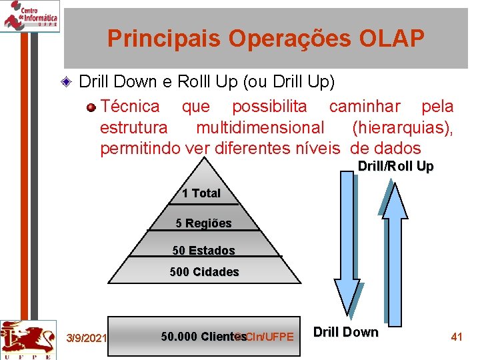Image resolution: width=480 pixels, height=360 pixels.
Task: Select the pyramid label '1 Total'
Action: point(201,193)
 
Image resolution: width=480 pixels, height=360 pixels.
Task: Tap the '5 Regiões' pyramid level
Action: point(203,223)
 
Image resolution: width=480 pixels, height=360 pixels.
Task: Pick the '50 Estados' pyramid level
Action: point(203,251)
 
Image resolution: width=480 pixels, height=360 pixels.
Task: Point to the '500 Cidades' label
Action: point(204,272)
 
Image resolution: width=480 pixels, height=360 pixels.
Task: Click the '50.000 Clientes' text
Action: point(203,337)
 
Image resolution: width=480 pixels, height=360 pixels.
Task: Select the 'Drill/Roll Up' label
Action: point(395,166)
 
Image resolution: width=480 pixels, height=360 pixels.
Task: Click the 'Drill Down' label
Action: point(345,332)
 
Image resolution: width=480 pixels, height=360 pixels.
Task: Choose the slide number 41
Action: point(457,337)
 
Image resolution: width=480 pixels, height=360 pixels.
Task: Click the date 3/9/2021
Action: point(87,338)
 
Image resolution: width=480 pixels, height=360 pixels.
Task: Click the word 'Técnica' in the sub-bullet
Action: point(130,106)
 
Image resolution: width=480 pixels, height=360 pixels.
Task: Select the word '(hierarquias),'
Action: point(402,127)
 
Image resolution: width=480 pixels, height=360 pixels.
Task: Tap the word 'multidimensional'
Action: point(260,127)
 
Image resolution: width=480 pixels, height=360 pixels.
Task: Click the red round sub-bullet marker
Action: point(91,107)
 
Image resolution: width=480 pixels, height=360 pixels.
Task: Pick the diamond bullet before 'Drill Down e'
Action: point(65,83)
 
